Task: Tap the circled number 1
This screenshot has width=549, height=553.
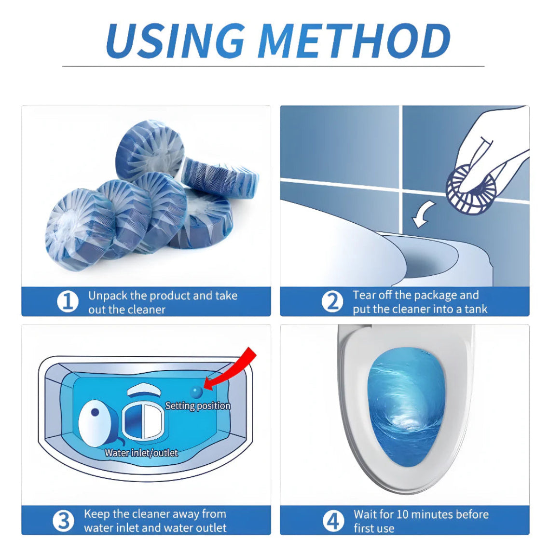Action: (x=68, y=302)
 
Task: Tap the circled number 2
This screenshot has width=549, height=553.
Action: (x=332, y=302)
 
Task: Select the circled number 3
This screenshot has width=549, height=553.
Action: (x=63, y=521)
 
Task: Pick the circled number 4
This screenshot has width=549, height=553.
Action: (x=333, y=521)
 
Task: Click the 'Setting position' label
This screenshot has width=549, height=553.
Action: (x=198, y=406)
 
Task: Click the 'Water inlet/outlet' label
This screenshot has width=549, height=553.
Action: (x=141, y=453)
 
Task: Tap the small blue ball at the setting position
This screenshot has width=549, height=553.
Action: (x=196, y=391)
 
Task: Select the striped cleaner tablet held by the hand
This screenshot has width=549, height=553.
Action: (x=467, y=189)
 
